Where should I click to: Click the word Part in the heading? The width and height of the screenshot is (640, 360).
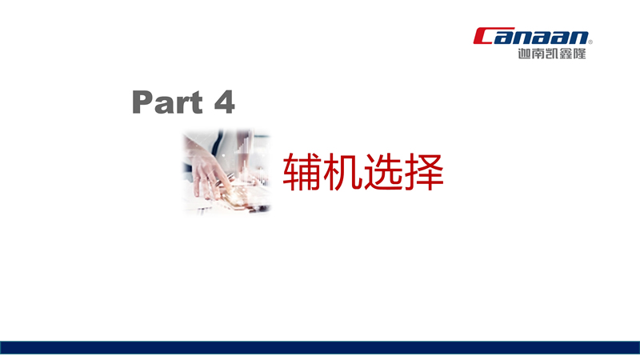click(167, 102)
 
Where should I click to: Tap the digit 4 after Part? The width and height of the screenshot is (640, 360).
click(224, 102)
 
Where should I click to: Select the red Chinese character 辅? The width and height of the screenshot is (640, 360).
click(302, 172)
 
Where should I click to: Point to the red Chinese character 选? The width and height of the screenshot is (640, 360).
click(382, 172)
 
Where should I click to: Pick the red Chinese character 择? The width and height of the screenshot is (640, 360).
click(423, 172)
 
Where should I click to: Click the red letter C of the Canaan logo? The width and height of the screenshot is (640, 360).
click(484, 36)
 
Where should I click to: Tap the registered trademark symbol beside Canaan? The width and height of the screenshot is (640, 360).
click(590, 42)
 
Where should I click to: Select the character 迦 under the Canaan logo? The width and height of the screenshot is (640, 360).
click(525, 54)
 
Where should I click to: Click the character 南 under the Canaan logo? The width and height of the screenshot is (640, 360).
click(538, 54)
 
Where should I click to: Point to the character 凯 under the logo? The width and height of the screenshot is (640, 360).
click(552, 54)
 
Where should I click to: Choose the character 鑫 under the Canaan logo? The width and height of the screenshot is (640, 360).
click(566, 54)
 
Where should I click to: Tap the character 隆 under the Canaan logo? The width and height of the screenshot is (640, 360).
click(579, 54)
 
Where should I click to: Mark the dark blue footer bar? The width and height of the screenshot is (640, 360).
click(320, 348)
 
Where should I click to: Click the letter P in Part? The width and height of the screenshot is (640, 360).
click(142, 102)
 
